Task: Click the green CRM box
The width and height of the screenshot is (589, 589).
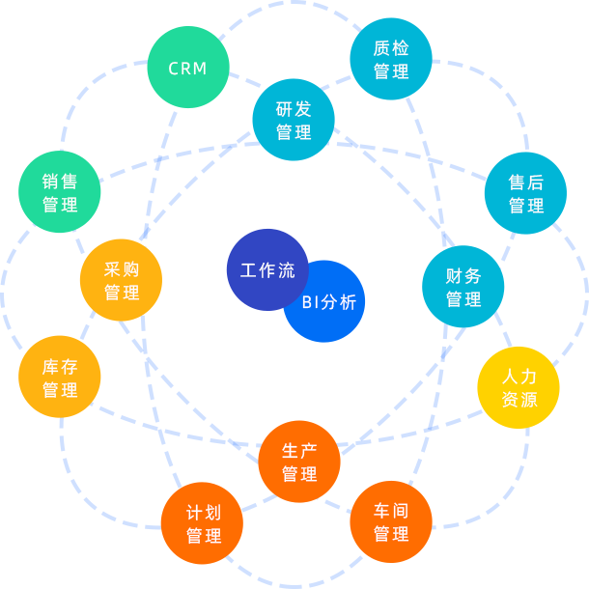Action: pyautogui.click(x=188, y=68)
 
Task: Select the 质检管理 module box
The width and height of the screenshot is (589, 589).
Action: pyautogui.click(x=391, y=59)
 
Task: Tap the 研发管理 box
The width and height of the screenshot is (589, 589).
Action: pyautogui.click(x=294, y=120)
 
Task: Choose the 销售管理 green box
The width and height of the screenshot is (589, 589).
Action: pyautogui.click(x=60, y=192)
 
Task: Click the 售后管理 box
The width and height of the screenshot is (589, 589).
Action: pyautogui.click(x=525, y=193)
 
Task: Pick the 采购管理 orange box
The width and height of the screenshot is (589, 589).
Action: pyautogui.click(x=121, y=280)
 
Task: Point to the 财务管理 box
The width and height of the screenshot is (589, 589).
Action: pyautogui.click(x=463, y=287)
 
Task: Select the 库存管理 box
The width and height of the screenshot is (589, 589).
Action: pyautogui.click(x=60, y=377)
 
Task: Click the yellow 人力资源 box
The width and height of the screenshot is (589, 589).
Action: pyautogui.click(x=519, y=387)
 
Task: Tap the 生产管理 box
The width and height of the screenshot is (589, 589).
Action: pyautogui.click(x=299, y=462)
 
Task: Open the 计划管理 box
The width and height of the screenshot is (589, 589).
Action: pyautogui.click(x=202, y=523)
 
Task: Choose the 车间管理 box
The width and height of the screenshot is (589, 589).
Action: pyautogui.click(x=391, y=521)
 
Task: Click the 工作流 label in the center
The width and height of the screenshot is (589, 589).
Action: pyautogui.click(x=267, y=270)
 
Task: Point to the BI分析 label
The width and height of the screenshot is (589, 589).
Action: pyautogui.click(x=329, y=302)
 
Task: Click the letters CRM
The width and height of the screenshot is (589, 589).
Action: pyautogui.click(x=188, y=69)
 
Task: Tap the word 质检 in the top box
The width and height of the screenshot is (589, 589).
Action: pyautogui.click(x=391, y=47)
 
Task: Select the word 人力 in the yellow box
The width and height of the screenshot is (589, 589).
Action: pyautogui.click(x=519, y=376)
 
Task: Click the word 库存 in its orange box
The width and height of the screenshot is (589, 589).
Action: pyautogui.click(x=60, y=366)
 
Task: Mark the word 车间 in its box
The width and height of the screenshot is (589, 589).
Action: pyautogui.click(x=391, y=511)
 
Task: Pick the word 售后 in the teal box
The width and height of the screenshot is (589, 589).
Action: pyautogui.click(x=525, y=182)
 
